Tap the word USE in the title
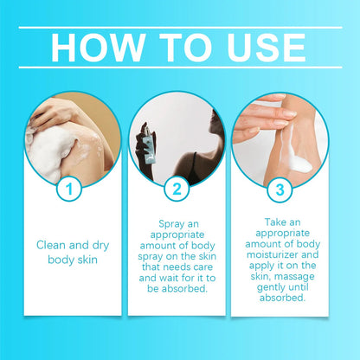(267, 48)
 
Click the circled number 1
(69, 190)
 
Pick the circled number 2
(177, 189)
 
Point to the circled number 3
(280, 190)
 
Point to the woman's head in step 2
(217, 123)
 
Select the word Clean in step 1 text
(51, 245)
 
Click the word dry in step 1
(100, 246)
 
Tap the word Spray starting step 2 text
(171, 224)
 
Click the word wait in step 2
(170, 278)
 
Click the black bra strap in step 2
(195, 161)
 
